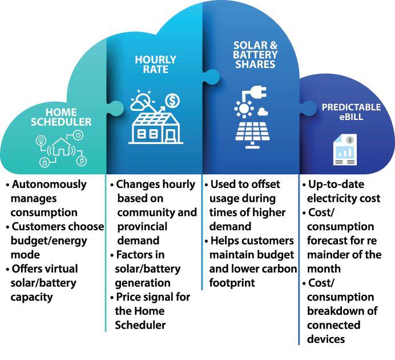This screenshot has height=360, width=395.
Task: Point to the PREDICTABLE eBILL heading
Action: (344, 112)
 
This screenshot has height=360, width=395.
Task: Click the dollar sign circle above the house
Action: (174, 101)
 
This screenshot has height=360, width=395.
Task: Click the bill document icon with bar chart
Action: (345, 150)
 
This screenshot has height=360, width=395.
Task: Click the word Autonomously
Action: (49, 185)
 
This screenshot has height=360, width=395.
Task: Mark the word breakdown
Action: (337, 311)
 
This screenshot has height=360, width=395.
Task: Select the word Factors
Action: (135, 255)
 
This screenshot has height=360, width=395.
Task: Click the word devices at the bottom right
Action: (327, 339)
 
